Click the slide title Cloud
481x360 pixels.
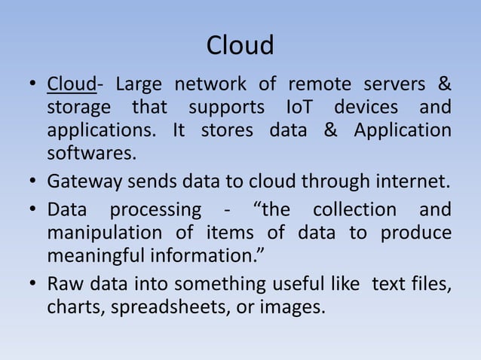(240, 47)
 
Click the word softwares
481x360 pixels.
(92, 154)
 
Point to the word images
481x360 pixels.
(296, 307)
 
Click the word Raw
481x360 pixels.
(65, 283)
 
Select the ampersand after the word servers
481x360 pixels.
(445, 82)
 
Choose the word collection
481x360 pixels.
(354, 209)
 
